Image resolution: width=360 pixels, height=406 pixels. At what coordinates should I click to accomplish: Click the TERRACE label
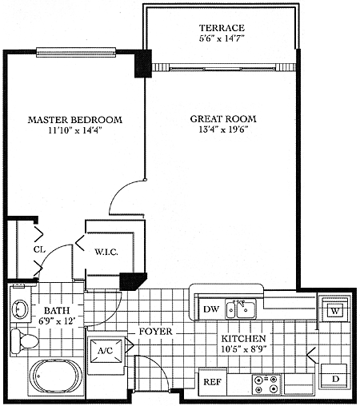pos(222,28)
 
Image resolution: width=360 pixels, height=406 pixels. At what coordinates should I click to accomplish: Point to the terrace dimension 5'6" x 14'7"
pos(222,38)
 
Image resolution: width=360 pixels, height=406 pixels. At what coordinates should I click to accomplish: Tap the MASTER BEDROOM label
pos(75,120)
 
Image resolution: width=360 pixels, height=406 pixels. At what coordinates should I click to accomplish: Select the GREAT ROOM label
pos(223,119)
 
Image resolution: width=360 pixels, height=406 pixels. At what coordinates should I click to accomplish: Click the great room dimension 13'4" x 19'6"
pos(223,129)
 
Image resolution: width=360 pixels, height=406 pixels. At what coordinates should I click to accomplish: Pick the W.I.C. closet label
pos(106,252)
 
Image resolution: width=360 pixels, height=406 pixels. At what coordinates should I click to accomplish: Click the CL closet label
pos(39,249)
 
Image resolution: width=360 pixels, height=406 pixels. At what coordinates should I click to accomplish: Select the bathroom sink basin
pos(20,309)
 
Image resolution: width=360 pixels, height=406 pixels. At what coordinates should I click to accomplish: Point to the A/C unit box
pos(106,351)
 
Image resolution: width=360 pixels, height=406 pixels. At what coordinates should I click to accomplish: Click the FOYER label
pos(156,332)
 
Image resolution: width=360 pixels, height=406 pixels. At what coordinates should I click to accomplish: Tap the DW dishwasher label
pos(211,309)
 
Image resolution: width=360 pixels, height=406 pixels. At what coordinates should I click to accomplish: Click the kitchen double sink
pos(241,308)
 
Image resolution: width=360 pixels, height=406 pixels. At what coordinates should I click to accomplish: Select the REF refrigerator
pos(213,382)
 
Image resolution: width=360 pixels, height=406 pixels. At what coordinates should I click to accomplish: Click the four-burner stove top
pos(266,384)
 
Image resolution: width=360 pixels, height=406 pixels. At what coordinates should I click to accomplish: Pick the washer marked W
pos(335,309)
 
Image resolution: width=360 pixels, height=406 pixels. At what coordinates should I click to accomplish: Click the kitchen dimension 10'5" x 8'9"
pos(244,349)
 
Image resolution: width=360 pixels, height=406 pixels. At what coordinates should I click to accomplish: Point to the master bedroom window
pos(76,52)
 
